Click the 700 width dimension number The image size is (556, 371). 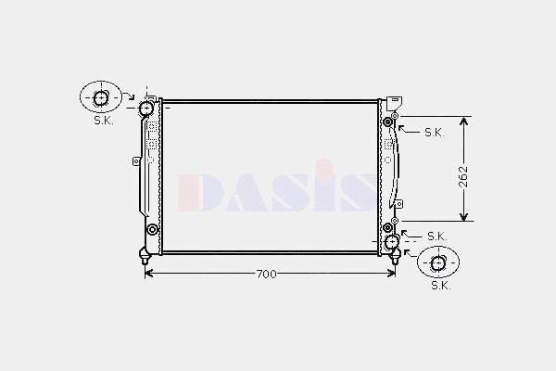(266, 275)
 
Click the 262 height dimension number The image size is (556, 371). (463, 176)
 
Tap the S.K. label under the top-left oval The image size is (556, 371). (104, 121)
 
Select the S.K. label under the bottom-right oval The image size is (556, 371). (441, 285)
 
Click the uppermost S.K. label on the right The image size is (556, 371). (435, 133)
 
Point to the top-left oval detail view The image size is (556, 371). (101, 97)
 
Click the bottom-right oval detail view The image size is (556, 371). (438, 262)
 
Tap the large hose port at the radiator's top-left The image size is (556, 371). (145, 108)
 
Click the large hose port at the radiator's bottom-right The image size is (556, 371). (391, 242)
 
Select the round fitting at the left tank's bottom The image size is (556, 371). (153, 230)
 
